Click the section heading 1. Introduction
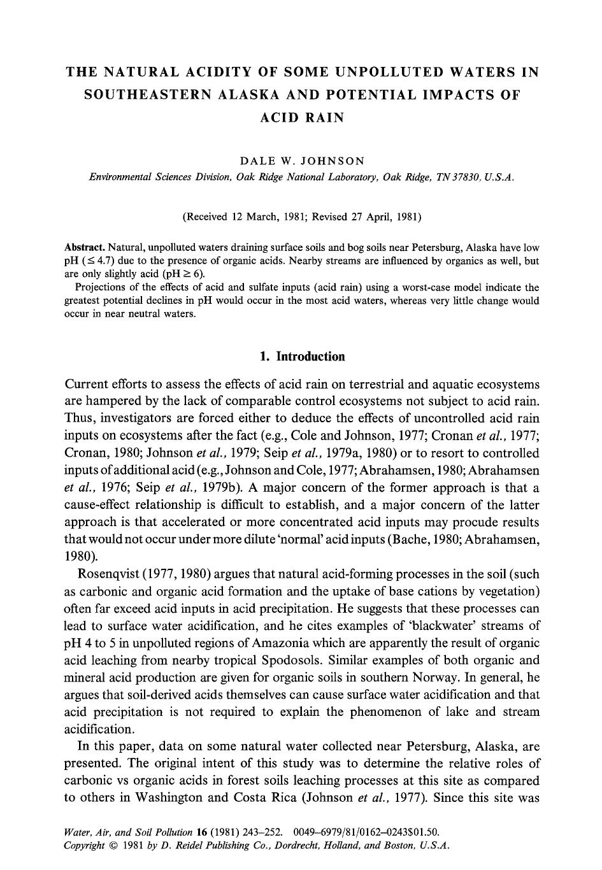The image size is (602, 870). tap(302, 357)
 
